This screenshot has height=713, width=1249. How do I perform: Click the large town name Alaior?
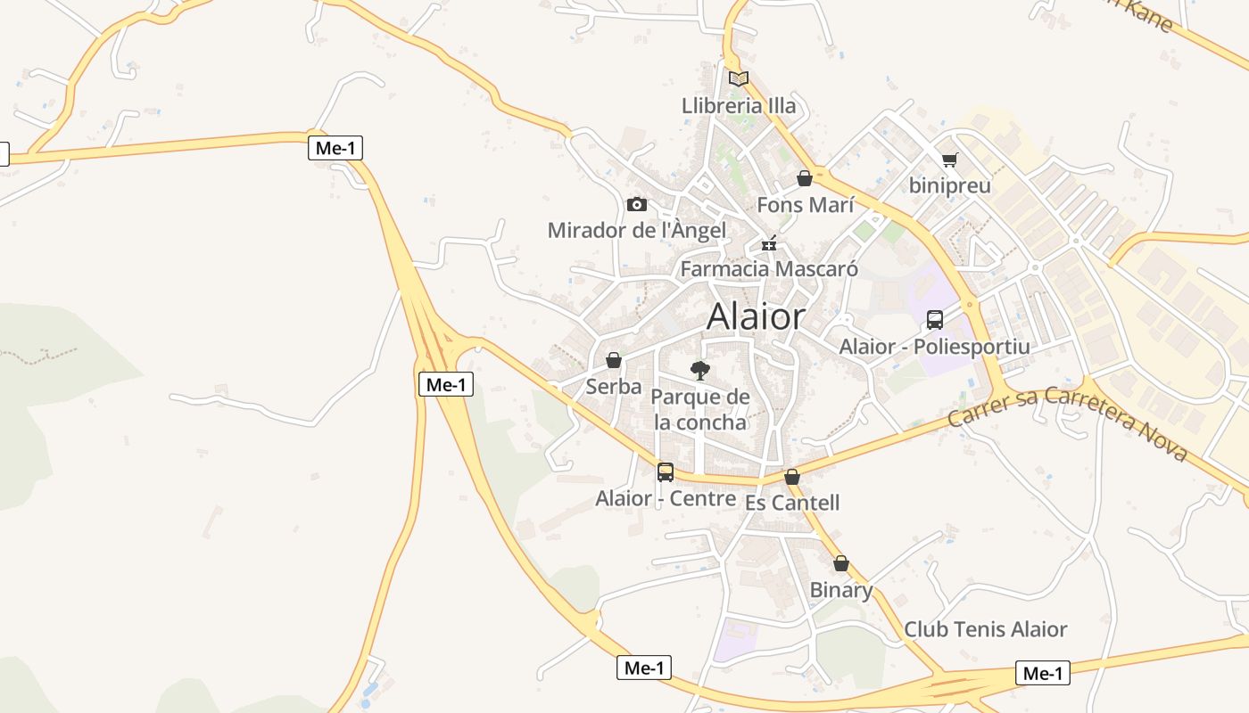click(757, 316)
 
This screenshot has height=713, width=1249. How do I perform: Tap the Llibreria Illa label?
click(739, 106)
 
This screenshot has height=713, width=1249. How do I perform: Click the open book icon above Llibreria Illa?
click(738, 78)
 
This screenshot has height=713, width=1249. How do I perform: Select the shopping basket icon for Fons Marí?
click(805, 178)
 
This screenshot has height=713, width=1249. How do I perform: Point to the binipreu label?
click(949, 185)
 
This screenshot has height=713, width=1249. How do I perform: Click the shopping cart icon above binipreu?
click(949, 160)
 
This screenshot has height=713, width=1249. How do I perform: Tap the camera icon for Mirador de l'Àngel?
click(636, 204)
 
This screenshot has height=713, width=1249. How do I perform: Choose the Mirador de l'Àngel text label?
click(636, 230)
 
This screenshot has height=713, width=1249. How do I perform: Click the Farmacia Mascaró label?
click(769, 268)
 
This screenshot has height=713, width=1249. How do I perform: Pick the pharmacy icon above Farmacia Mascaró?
click(769, 242)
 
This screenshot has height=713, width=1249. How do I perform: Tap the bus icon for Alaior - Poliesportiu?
click(934, 319)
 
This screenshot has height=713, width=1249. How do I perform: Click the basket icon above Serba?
click(614, 360)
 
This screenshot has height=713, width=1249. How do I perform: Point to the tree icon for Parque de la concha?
click(700, 370)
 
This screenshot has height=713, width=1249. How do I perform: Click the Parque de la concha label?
click(700, 409)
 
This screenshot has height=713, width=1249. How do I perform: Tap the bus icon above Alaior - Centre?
click(666, 471)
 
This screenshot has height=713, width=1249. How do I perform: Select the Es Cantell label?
click(792, 503)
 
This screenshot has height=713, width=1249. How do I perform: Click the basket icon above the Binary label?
click(840, 563)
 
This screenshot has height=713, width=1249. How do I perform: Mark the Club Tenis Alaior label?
click(985, 629)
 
